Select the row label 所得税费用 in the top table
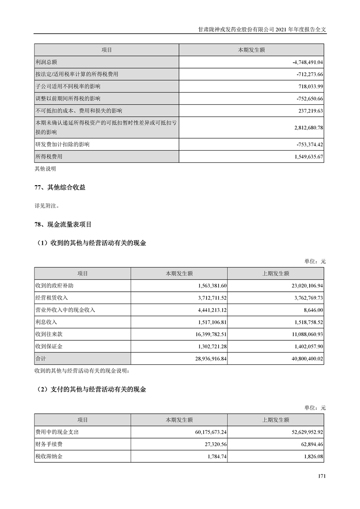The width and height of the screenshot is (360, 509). [x=49, y=157]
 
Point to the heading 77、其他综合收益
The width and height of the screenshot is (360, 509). [x=60, y=187]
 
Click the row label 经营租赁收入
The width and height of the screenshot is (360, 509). [x=51, y=298]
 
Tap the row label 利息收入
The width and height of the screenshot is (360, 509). [x=46, y=322]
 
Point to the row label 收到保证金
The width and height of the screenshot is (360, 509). [x=49, y=347]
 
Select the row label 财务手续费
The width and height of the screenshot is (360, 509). [x=49, y=444]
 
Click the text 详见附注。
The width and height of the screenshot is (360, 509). [x=47, y=205]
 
